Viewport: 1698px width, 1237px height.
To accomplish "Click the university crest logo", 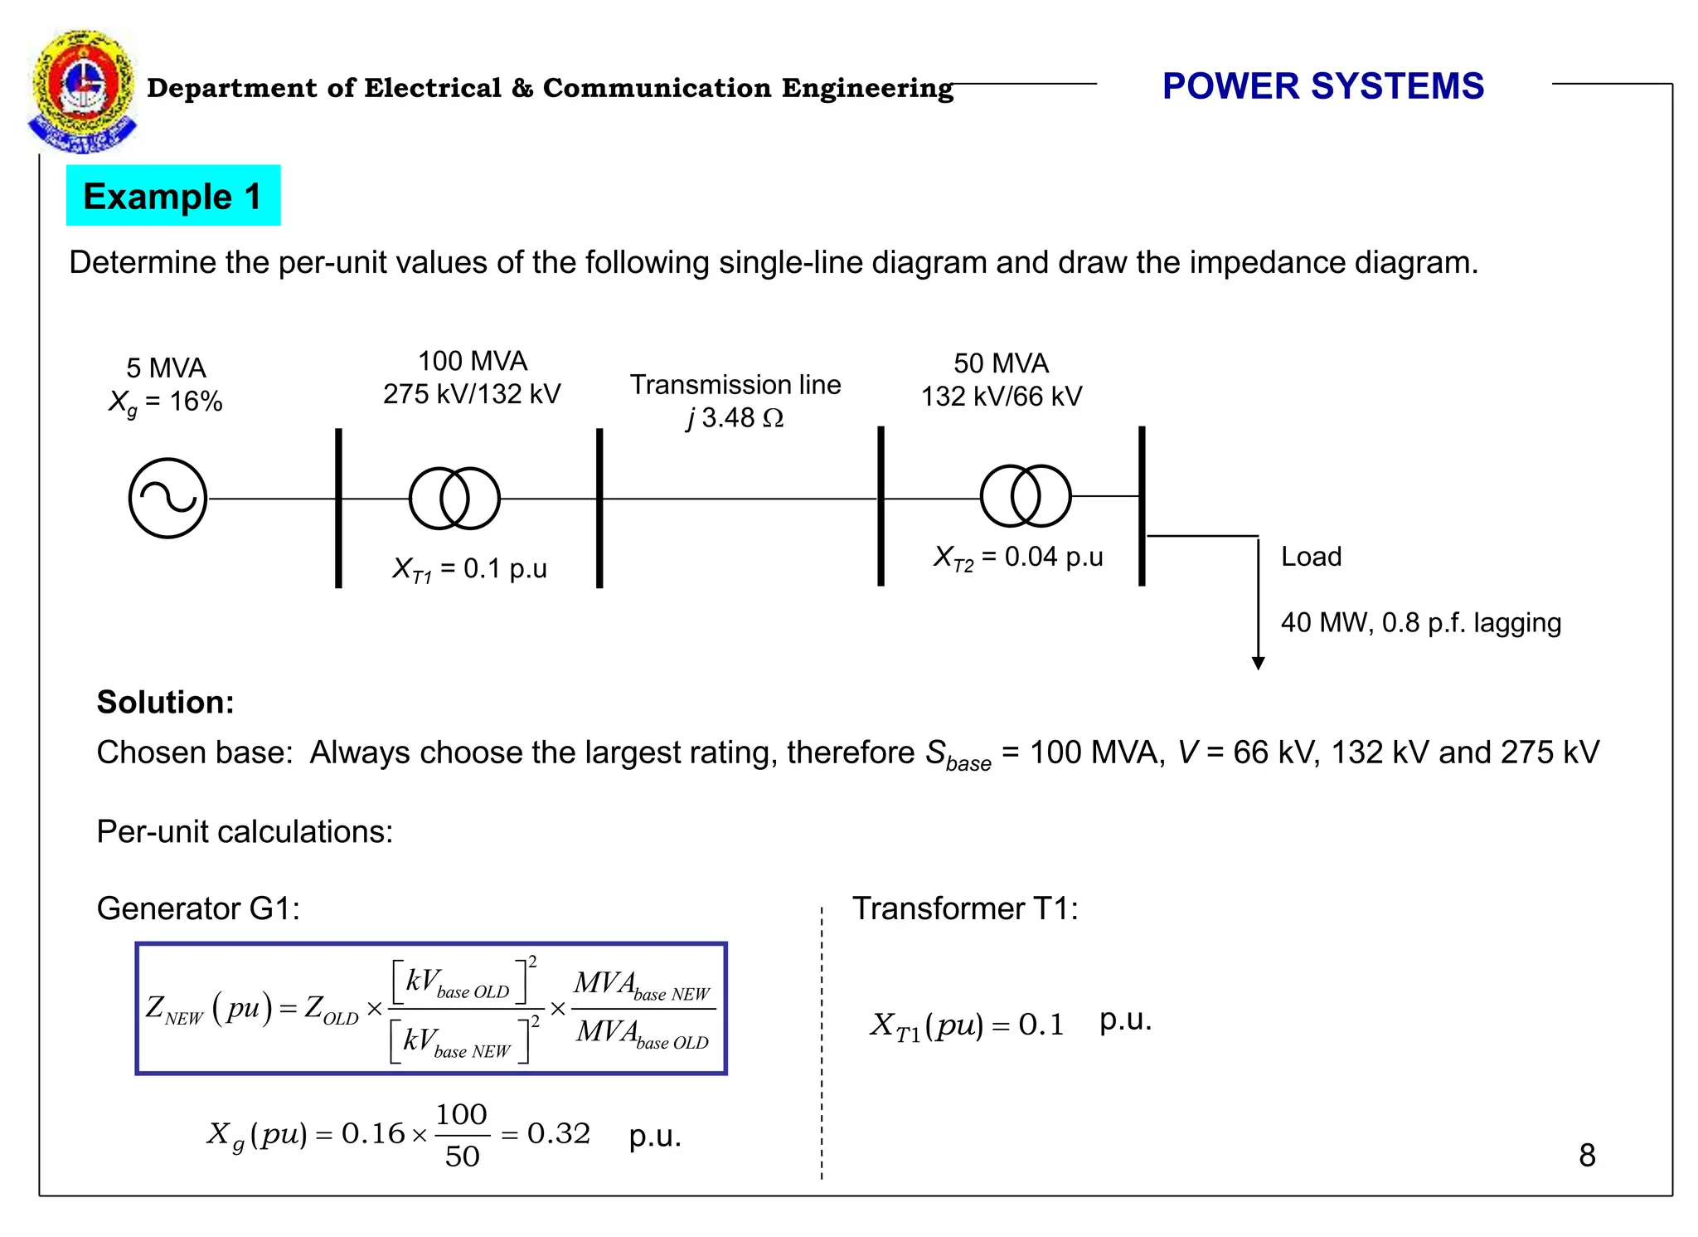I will pos(81,91).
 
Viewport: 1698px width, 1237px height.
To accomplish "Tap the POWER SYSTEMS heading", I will pos(1322,86).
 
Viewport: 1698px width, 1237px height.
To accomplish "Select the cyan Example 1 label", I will pos(173,196).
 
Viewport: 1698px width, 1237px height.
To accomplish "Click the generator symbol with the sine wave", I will pos(167,498).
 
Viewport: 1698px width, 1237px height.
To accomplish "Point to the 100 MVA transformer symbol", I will pos(454,498).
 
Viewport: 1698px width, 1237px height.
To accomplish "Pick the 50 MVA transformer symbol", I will pos(1026,496).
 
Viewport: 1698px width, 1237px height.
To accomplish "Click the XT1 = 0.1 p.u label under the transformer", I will pos(469,569).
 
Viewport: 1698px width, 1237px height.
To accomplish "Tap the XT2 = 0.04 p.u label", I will pos(1018,557).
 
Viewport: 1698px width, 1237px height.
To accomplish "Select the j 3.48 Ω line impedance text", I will pos(735,417).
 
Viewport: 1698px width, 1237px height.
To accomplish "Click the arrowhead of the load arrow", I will pos(1258,663).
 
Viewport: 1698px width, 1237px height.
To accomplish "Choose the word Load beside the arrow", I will pos(1311,557).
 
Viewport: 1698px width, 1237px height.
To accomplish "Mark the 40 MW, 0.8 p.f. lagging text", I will pos(1420,622).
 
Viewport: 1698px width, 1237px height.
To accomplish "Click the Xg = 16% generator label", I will pos(166,402).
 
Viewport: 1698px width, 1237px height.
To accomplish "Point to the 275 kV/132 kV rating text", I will pos(472,394).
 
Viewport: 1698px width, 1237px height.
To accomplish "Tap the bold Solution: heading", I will pos(166,703).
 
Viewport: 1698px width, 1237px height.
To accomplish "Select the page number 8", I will pos(1587,1155).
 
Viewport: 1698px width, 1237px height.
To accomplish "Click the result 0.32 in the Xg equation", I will pos(559,1133).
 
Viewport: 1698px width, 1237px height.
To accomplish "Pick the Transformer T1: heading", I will pos(965,908).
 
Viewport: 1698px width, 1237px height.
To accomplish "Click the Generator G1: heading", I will pos(198,908).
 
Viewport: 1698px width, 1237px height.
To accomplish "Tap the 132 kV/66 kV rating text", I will pos(1002,397).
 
